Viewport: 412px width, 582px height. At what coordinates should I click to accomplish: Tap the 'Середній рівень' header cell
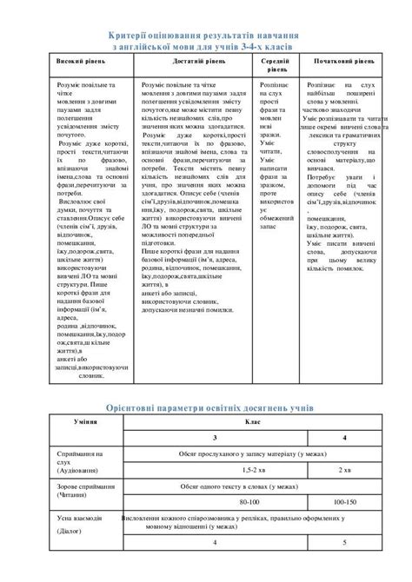(x=276, y=69)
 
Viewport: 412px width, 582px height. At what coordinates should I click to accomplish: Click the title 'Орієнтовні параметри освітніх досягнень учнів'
(x=205, y=407)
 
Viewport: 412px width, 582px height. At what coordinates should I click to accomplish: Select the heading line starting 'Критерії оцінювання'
(x=205, y=32)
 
